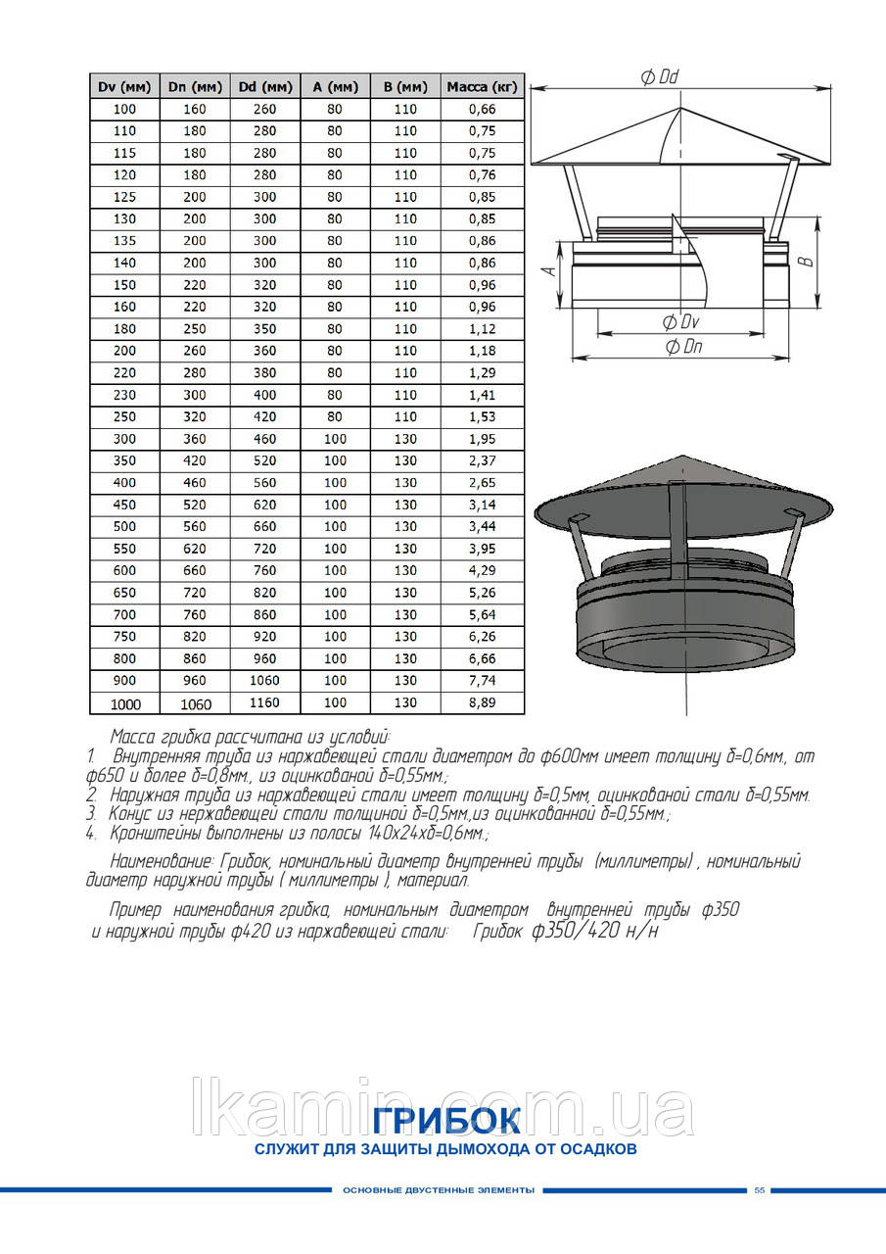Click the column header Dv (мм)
(x=124, y=87)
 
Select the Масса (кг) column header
(x=482, y=87)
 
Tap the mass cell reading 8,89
(x=482, y=702)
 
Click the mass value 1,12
(x=482, y=329)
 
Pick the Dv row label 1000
(x=125, y=703)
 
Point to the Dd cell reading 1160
(x=264, y=702)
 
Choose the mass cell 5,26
(x=482, y=593)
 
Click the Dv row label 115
(x=125, y=153)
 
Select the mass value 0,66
(x=482, y=109)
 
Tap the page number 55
(x=759, y=1190)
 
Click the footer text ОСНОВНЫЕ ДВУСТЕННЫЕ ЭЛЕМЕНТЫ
(x=439, y=1190)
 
